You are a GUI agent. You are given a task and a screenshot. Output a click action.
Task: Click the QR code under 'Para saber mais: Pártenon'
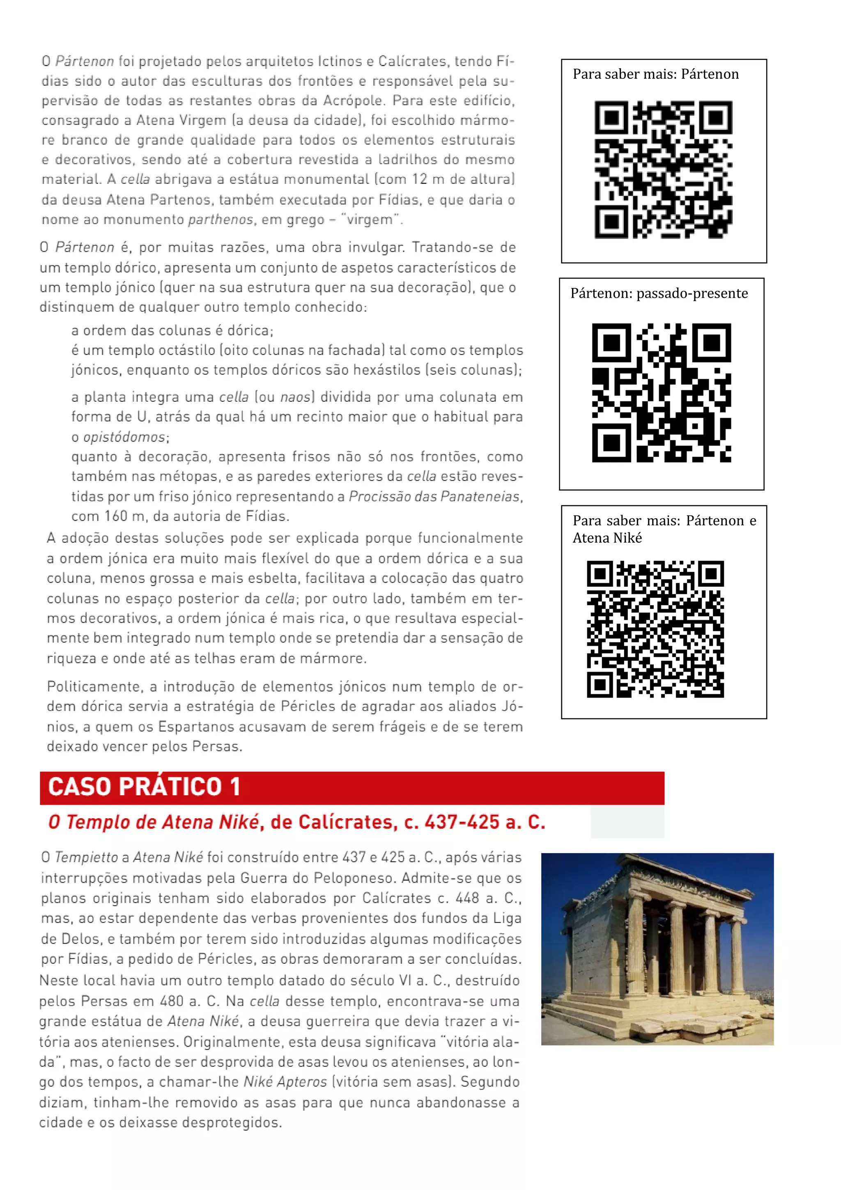[x=663, y=170]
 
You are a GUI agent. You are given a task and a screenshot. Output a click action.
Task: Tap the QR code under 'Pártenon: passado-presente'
[x=661, y=392]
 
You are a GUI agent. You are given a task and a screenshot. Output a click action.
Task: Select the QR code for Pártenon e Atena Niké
[x=655, y=629]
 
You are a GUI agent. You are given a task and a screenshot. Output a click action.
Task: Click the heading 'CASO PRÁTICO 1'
[x=144, y=787]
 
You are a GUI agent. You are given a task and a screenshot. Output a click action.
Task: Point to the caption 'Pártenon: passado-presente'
[x=659, y=293]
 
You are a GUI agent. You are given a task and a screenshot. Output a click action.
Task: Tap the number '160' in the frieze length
[x=116, y=516]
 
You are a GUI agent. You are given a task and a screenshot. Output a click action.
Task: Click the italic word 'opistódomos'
[x=124, y=437]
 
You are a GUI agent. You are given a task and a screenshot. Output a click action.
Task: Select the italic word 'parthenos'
[x=220, y=220]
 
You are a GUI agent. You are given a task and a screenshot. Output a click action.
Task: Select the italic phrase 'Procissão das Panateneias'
[x=434, y=497]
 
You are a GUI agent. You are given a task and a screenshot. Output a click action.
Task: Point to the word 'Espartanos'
[x=197, y=727]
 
